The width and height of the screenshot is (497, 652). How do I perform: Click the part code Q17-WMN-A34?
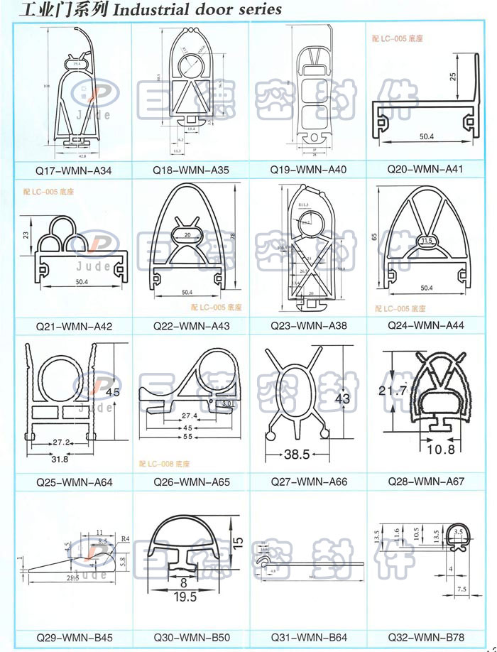[x=74, y=170]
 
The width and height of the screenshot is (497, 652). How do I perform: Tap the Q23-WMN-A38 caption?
[x=308, y=326]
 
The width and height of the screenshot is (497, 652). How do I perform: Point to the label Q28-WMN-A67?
[x=425, y=482]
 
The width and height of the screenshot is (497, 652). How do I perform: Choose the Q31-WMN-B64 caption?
[x=308, y=637]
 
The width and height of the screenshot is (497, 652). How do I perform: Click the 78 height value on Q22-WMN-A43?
[x=233, y=235]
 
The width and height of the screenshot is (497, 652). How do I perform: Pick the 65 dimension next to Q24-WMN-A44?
[x=375, y=237]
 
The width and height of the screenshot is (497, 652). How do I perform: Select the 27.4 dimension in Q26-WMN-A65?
[x=188, y=415]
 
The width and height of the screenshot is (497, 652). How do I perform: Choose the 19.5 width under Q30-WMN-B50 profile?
[x=187, y=597]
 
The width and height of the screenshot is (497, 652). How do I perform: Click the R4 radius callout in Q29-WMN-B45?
[x=126, y=540]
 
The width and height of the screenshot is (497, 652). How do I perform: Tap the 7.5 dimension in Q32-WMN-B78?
[x=461, y=589]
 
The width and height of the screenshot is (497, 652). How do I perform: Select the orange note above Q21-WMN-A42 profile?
[x=49, y=192]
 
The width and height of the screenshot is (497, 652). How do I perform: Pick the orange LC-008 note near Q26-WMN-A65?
[x=165, y=464]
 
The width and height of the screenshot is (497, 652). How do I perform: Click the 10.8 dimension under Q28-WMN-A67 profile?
[x=441, y=450]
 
